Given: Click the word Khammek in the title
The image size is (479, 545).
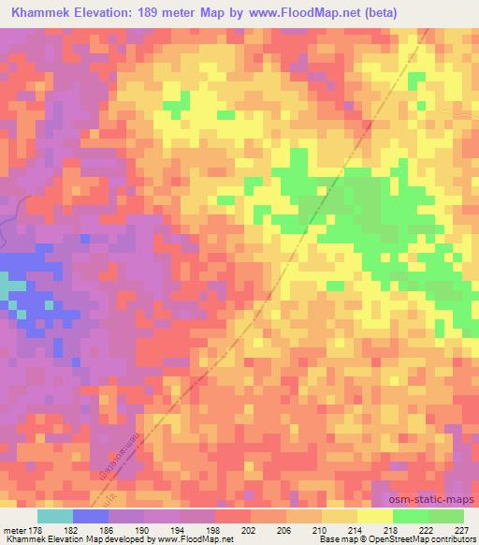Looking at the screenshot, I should [36, 12].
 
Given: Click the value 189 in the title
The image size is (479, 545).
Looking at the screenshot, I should [151, 12].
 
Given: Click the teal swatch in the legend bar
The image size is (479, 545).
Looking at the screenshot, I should [56, 516].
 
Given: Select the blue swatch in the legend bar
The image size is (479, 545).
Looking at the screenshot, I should [92, 516].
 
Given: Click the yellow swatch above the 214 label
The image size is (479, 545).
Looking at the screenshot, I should [340, 516].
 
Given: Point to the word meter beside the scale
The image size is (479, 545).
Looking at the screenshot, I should [13, 529].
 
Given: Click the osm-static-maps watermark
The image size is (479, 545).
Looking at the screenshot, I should [433, 497].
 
